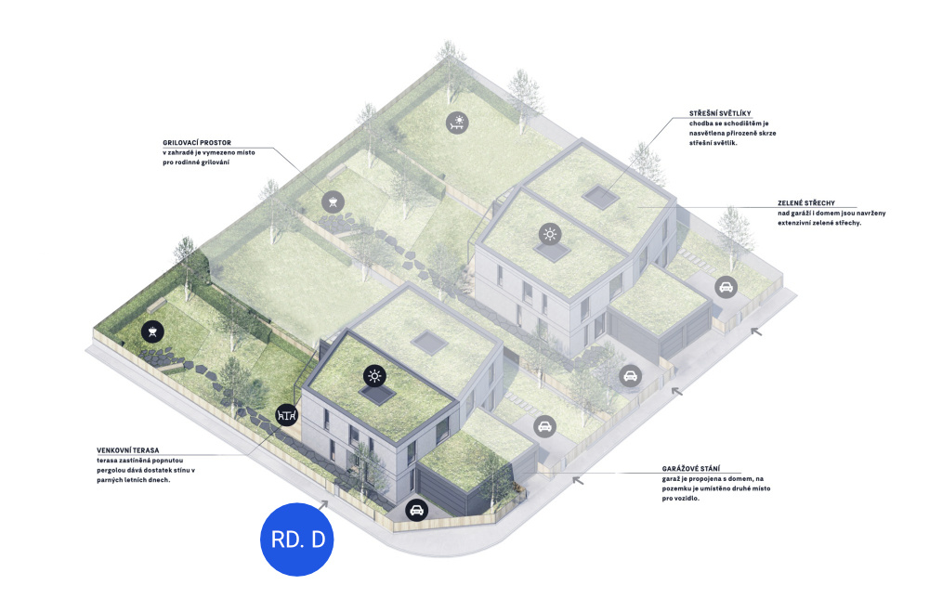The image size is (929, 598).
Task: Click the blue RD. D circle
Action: (x=297, y=539)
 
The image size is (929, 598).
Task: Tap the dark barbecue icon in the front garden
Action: (x=152, y=331)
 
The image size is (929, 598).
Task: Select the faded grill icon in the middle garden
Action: (x=333, y=201)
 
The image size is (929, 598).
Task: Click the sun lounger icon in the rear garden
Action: (x=457, y=123)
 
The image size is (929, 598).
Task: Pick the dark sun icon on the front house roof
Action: (x=374, y=375)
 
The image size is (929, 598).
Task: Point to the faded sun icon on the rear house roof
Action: (x=550, y=234)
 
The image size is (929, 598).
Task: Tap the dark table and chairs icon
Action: (x=287, y=415)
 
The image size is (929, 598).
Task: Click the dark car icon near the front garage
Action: (x=416, y=510)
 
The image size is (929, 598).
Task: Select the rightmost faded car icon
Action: (x=726, y=288)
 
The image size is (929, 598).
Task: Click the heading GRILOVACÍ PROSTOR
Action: (x=197, y=143)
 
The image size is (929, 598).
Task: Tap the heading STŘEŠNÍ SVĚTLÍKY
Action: (x=720, y=113)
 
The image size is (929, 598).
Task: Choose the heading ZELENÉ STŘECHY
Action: (x=806, y=203)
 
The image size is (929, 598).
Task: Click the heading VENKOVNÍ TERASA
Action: (x=128, y=450)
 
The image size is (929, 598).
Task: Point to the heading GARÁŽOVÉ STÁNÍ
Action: (x=691, y=469)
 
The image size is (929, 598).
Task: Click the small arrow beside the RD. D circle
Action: (x=323, y=505)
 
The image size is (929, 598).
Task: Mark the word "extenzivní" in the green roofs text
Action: (x=795, y=223)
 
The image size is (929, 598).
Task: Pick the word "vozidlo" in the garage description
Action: (x=687, y=499)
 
